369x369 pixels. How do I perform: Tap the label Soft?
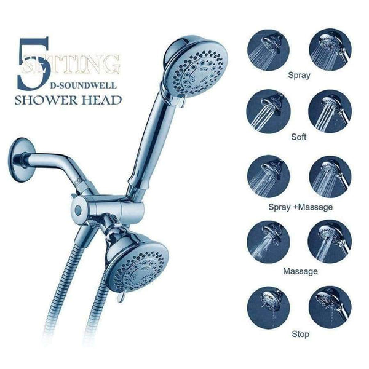[298, 137]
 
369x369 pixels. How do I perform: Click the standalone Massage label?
[300, 271]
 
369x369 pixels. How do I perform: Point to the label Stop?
[301, 334]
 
